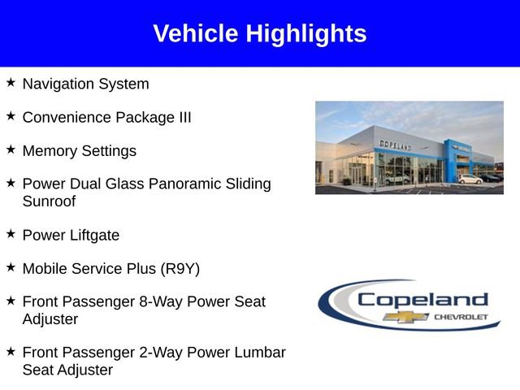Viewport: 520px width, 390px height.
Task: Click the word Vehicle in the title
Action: [196, 33]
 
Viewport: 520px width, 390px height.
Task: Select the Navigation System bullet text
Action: [85, 84]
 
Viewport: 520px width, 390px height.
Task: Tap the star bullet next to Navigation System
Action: [11, 83]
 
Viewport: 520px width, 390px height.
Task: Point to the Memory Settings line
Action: [79, 151]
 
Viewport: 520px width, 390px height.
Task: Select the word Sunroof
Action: [49, 201]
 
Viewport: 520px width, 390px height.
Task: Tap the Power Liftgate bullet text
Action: [71, 236]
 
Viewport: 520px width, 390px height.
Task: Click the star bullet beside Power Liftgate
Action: [11, 234]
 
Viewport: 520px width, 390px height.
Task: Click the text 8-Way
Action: [162, 301]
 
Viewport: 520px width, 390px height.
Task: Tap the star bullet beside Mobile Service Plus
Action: [11, 266]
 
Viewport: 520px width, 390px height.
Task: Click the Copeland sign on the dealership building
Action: [395, 145]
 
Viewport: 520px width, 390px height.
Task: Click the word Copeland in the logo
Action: [422, 300]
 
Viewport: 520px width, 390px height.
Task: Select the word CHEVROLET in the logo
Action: [461, 316]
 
